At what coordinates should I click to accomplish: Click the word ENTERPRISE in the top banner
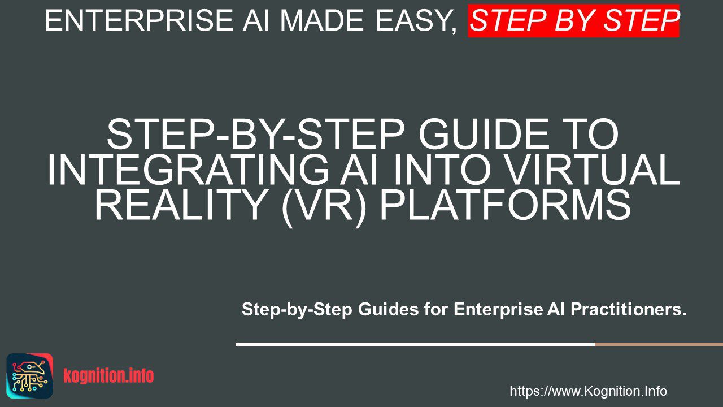pos(139,20)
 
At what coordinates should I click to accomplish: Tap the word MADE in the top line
pos(322,20)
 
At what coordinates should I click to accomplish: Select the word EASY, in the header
pos(416,21)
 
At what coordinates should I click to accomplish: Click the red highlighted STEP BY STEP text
pos(573,20)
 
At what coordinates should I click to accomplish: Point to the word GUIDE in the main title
pos(477,134)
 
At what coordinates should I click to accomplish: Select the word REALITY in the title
pos(181,205)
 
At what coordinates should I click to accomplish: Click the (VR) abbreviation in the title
pos(324,206)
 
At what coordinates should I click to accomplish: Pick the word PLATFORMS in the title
pos(506,205)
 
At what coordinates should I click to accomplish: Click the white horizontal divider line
pos(415,344)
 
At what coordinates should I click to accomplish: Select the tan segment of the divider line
pos(659,344)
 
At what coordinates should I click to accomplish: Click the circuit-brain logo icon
pos(30,376)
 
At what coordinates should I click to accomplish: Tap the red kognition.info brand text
pos(108,376)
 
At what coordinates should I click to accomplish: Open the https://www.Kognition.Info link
pos(588,391)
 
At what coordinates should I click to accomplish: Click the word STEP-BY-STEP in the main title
pos(255,134)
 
